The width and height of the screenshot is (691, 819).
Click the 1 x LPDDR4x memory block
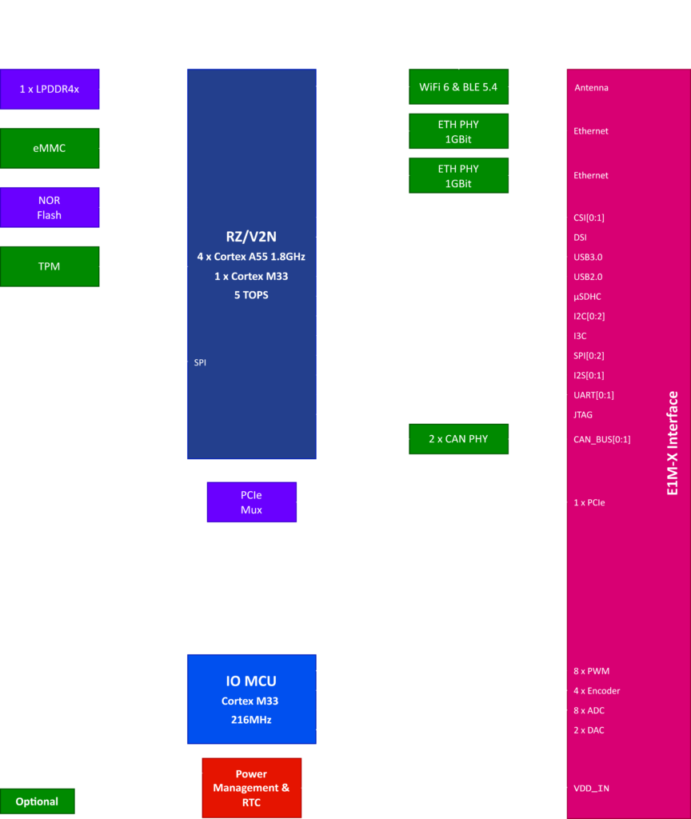click(x=50, y=89)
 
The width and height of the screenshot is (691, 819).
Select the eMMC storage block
click(x=50, y=148)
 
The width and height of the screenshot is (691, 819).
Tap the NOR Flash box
click(x=50, y=207)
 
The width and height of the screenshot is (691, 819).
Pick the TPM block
click(x=50, y=266)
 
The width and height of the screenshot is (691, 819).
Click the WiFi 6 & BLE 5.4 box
click(x=458, y=87)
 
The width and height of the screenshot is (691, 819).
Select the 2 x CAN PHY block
click(x=458, y=438)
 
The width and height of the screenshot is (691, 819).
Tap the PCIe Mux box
click(x=251, y=502)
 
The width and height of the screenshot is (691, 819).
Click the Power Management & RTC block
click(x=251, y=788)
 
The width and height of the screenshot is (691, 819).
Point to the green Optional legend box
click(x=37, y=801)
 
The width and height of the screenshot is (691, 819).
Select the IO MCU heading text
click(x=251, y=681)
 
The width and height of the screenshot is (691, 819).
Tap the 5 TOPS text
click(x=251, y=294)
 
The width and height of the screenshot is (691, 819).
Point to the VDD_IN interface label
click(x=591, y=788)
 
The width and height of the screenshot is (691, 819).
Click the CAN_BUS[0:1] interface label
click(x=601, y=439)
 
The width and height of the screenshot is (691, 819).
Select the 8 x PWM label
click(x=592, y=671)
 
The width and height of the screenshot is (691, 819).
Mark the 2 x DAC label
click(x=590, y=729)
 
